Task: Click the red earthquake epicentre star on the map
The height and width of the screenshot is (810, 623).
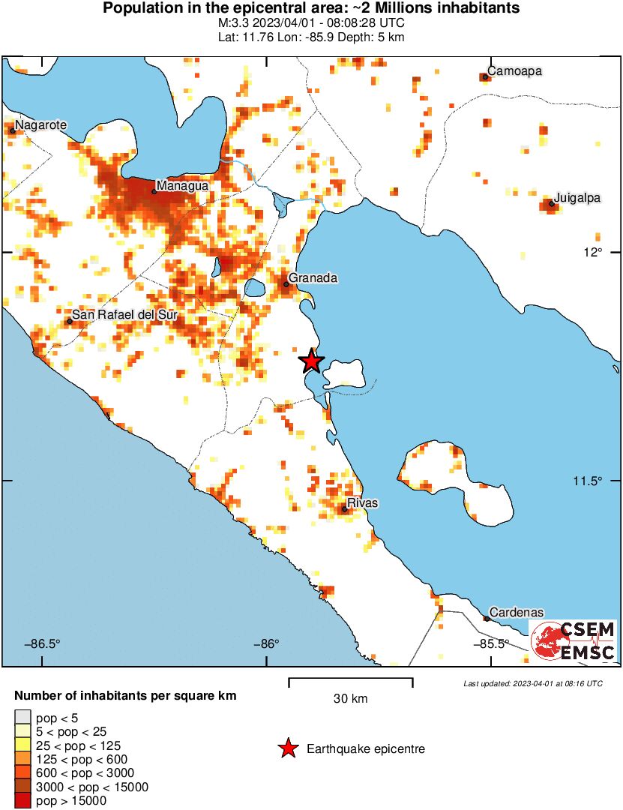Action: [312, 361]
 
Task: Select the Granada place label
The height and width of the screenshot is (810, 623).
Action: [313, 278]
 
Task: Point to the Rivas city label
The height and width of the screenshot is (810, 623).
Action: [362, 503]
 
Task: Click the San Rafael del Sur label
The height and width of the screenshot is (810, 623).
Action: [124, 315]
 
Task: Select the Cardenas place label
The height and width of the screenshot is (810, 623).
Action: [516, 613]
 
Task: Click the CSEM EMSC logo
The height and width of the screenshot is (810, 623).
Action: [574, 641]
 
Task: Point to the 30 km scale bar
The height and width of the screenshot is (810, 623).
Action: [350, 682]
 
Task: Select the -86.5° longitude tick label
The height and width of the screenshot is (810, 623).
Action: [42, 643]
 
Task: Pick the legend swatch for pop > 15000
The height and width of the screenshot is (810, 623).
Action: [22, 801]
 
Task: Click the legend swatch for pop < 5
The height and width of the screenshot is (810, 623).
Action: [22, 718]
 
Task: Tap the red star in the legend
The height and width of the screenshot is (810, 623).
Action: [287, 748]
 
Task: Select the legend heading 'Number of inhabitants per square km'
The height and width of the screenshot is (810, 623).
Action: [125, 696]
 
